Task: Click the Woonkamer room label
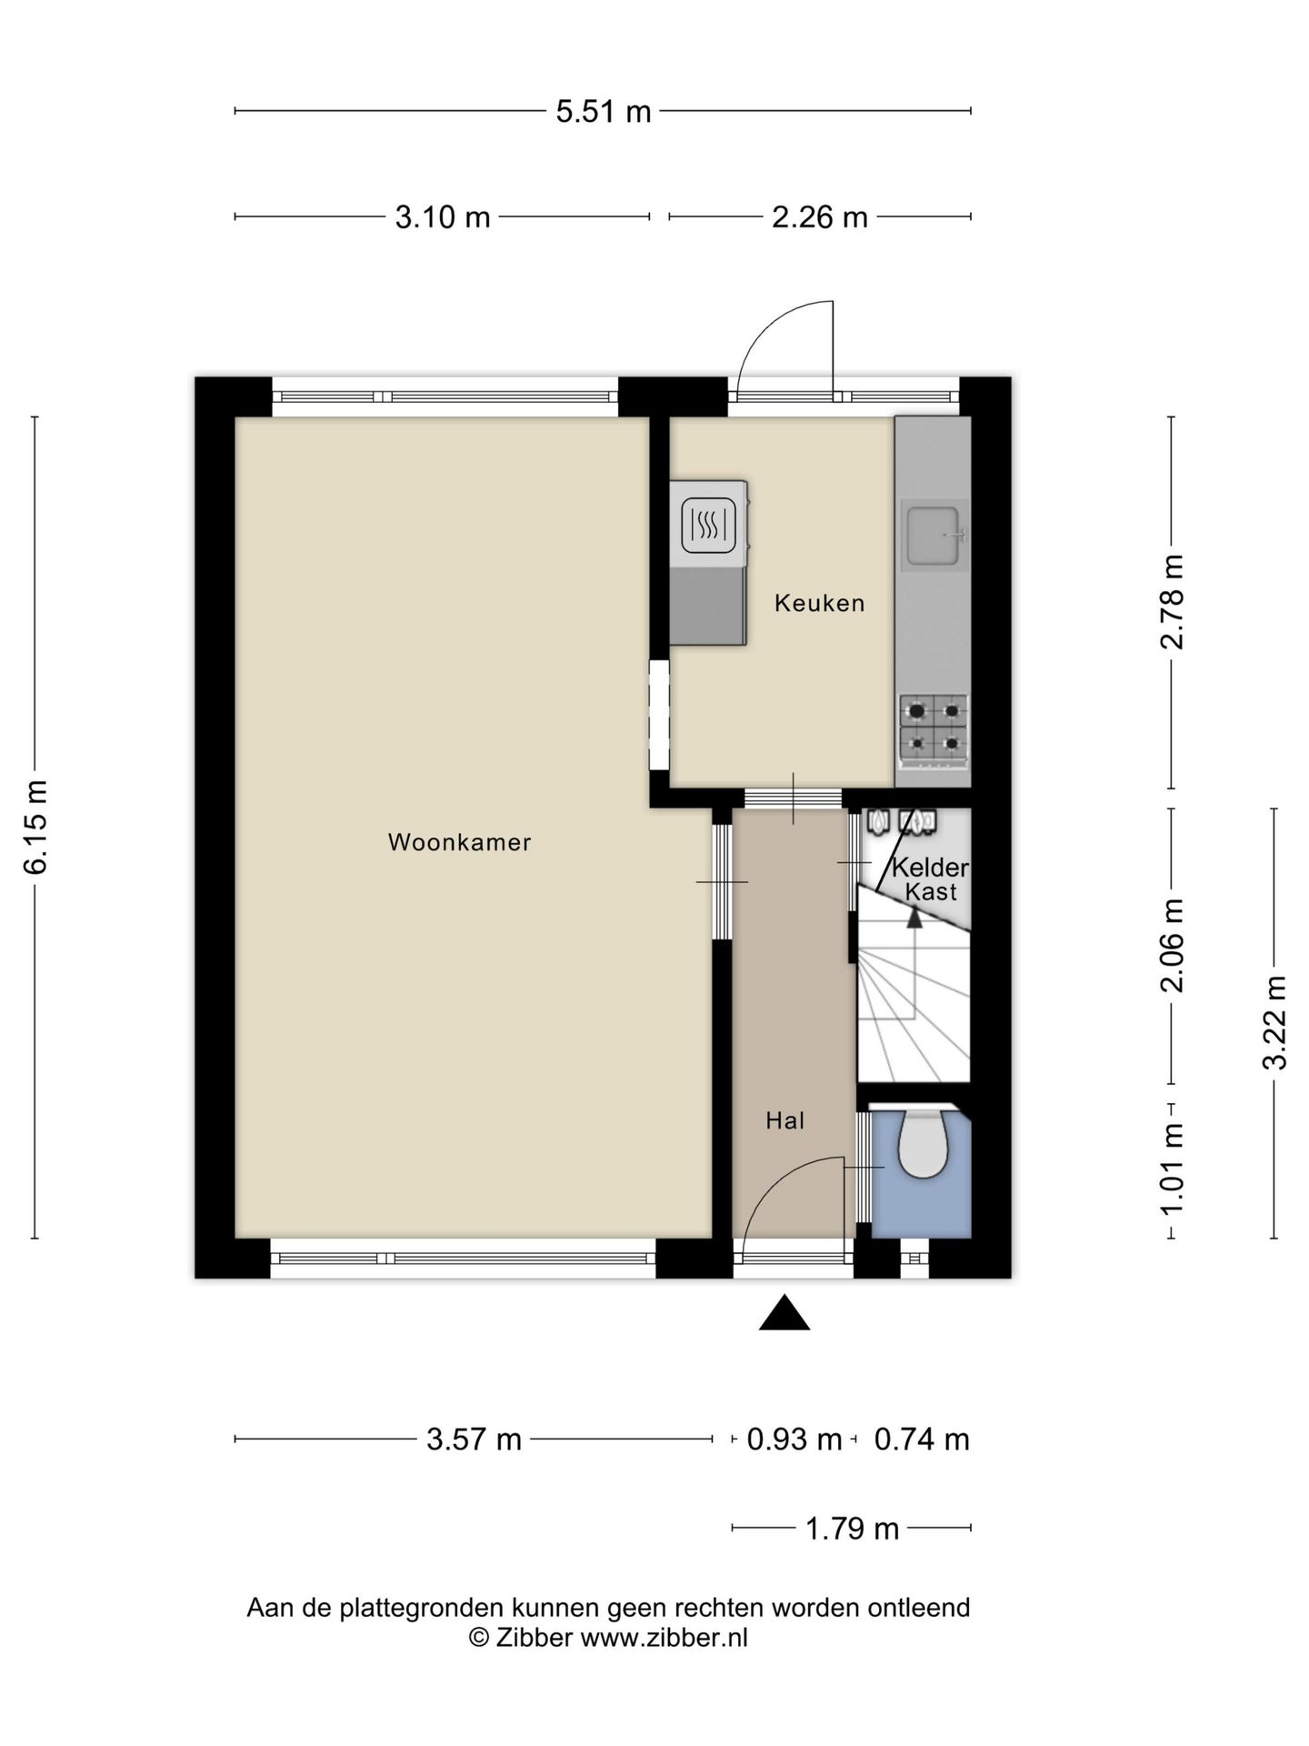tap(459, 842)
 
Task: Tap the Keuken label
tap(819, 603)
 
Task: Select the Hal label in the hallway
tap(785, 1120)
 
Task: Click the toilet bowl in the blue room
tap(924, 1143)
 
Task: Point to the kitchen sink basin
tap(934, 536)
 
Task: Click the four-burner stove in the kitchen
tap(934, 727)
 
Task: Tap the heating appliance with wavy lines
tap(709, 526)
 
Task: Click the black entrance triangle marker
tap(784, 1313)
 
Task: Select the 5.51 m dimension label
tap(604, 111)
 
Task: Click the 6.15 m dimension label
tap(36, 827)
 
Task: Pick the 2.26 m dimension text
tap(820, 217)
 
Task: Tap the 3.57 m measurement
tap(474, 1440)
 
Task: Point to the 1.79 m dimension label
tap(852, 1529)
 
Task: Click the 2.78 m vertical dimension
tap(1172, 602)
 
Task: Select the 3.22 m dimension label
tap(1274, 1022)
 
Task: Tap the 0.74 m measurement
tap(922, 1440)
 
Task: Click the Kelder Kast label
tap(930, 879)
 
